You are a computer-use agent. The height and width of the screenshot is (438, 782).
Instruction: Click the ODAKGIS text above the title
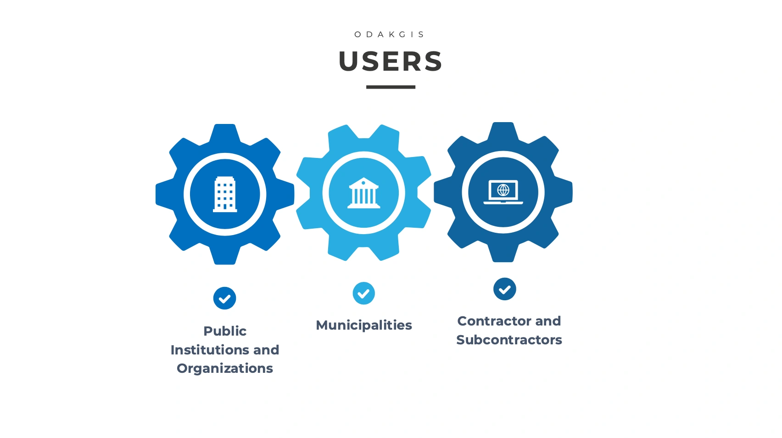click(390, 34)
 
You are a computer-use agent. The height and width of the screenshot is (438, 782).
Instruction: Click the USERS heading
click(391, 61)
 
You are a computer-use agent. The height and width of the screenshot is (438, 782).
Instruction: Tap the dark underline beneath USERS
click(391, 87)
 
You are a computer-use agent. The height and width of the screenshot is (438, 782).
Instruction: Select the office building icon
click(225, 194)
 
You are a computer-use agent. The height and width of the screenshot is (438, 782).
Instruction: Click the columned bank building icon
click(363, 193)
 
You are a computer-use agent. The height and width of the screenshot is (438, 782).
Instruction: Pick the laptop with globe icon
click(503, 191)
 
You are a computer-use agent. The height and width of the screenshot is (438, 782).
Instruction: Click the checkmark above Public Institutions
click(224, 298)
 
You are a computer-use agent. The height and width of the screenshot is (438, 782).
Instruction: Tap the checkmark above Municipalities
click(363, 293)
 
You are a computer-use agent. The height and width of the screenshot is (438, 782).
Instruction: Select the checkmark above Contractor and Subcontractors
click(504, 289)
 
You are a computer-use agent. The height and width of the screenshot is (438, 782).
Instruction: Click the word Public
click(225, 331)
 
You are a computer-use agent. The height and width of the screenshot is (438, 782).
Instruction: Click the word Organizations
click(225, 368)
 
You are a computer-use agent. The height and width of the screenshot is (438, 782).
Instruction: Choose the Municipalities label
click(363, 325)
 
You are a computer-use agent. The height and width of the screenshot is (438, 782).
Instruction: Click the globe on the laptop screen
click(503, 190)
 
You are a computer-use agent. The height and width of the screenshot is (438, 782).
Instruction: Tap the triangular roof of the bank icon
click(363, 183)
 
